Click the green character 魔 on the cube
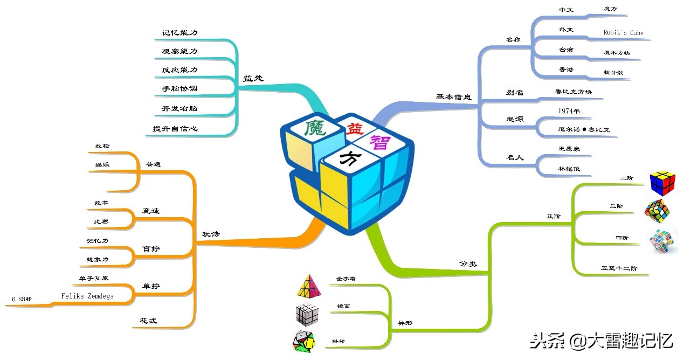313,128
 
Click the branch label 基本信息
453,97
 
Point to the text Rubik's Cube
623,33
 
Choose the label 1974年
569,112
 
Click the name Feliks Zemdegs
87,296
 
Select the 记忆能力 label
179,33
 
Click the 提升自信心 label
175,129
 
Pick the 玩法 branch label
211,234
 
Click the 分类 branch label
467,264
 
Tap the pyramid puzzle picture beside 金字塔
307,286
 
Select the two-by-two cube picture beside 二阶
661,183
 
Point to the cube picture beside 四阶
662,241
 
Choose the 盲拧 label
151,249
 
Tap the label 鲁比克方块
573,92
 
